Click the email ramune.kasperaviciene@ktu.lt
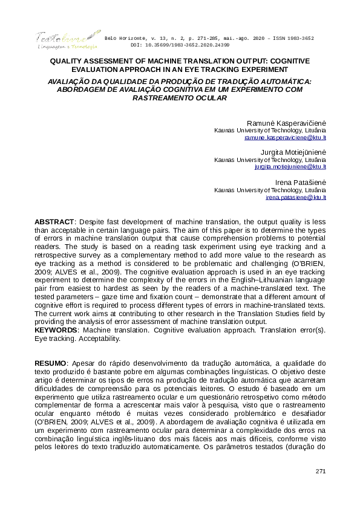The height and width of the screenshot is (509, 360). (285, 138)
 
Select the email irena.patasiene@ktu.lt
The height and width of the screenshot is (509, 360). (296, 197)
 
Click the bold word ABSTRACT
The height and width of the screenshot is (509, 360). (54, 222)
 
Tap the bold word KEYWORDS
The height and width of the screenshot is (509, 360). (55, 331)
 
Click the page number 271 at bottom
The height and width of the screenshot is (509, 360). (321, 470)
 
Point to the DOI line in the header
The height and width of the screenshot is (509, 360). (180, 45)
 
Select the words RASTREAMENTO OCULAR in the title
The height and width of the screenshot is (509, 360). (180, 97)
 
